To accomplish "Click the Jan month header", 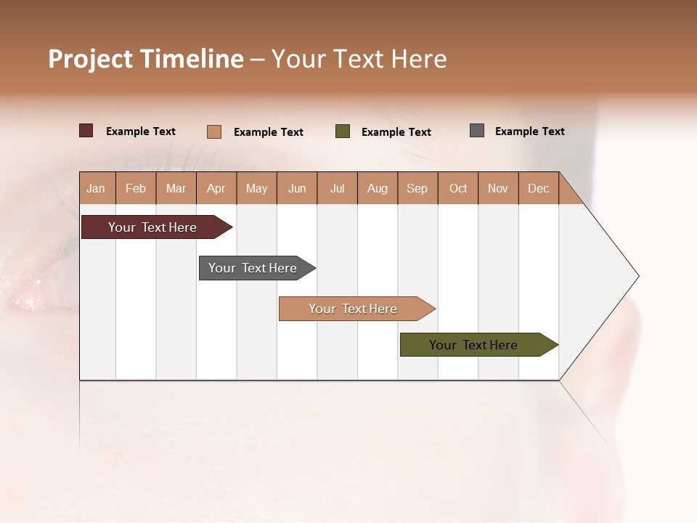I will pyautogui.click(x=97, y=188).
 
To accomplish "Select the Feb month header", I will pyautogui.click(x=136, y=188).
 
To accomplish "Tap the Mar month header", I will pyautogui.click(x=176, y=188).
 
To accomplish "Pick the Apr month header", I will pyautogui.click(x=216, y=188).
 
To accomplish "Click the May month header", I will pyautogui.click(x=256, y=188).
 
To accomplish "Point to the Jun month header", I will pyautogui.click(x=297, y=188).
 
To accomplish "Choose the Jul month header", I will pyautogui.click(x=337, y=188).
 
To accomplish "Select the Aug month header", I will pyautogui.click(x=378, y=188).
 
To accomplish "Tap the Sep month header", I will pyautogui.click(x=417, y=188).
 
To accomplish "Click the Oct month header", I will pyautogui.click(x=458, y=188).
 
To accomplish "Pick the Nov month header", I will pyautogui.click(x=498, y=188).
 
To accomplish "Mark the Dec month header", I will pyautogui.click(x=538, y=188).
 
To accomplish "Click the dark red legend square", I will pyautogui.click(x=86, y=131).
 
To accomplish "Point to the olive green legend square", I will pyautogui.click(x=343, y=131).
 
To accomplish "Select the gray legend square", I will pyautogui.click(x=477, y=131).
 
